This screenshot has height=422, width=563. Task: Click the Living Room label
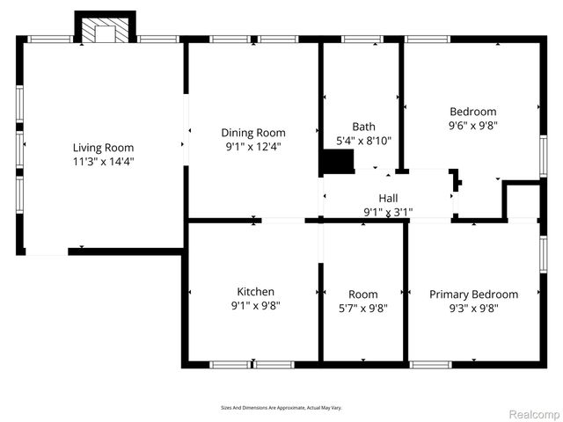click(103, 148)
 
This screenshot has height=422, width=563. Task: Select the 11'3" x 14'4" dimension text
click(103, 161)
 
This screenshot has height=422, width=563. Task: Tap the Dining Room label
click(253, 133)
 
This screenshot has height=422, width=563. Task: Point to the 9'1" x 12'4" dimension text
click(253, 146)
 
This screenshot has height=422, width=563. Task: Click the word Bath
click(363, 127)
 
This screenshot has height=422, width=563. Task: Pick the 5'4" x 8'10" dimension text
click(363, 140)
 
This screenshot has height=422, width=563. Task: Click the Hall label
click(388, 198)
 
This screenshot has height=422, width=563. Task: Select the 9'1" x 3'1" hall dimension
click(388, 211)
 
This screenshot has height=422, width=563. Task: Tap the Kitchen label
click(255, 292)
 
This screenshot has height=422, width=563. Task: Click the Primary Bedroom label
click(473, 295)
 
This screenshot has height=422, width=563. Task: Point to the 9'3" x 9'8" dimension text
click(473, 308)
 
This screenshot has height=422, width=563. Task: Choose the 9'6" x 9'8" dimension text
click(473, 125)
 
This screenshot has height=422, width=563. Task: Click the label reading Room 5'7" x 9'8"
click(362, 301)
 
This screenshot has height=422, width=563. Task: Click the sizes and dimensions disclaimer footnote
click(281, 408)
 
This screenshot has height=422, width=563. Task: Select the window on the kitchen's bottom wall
click(252, 364)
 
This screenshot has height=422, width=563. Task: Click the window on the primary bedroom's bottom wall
click(430, 364)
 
